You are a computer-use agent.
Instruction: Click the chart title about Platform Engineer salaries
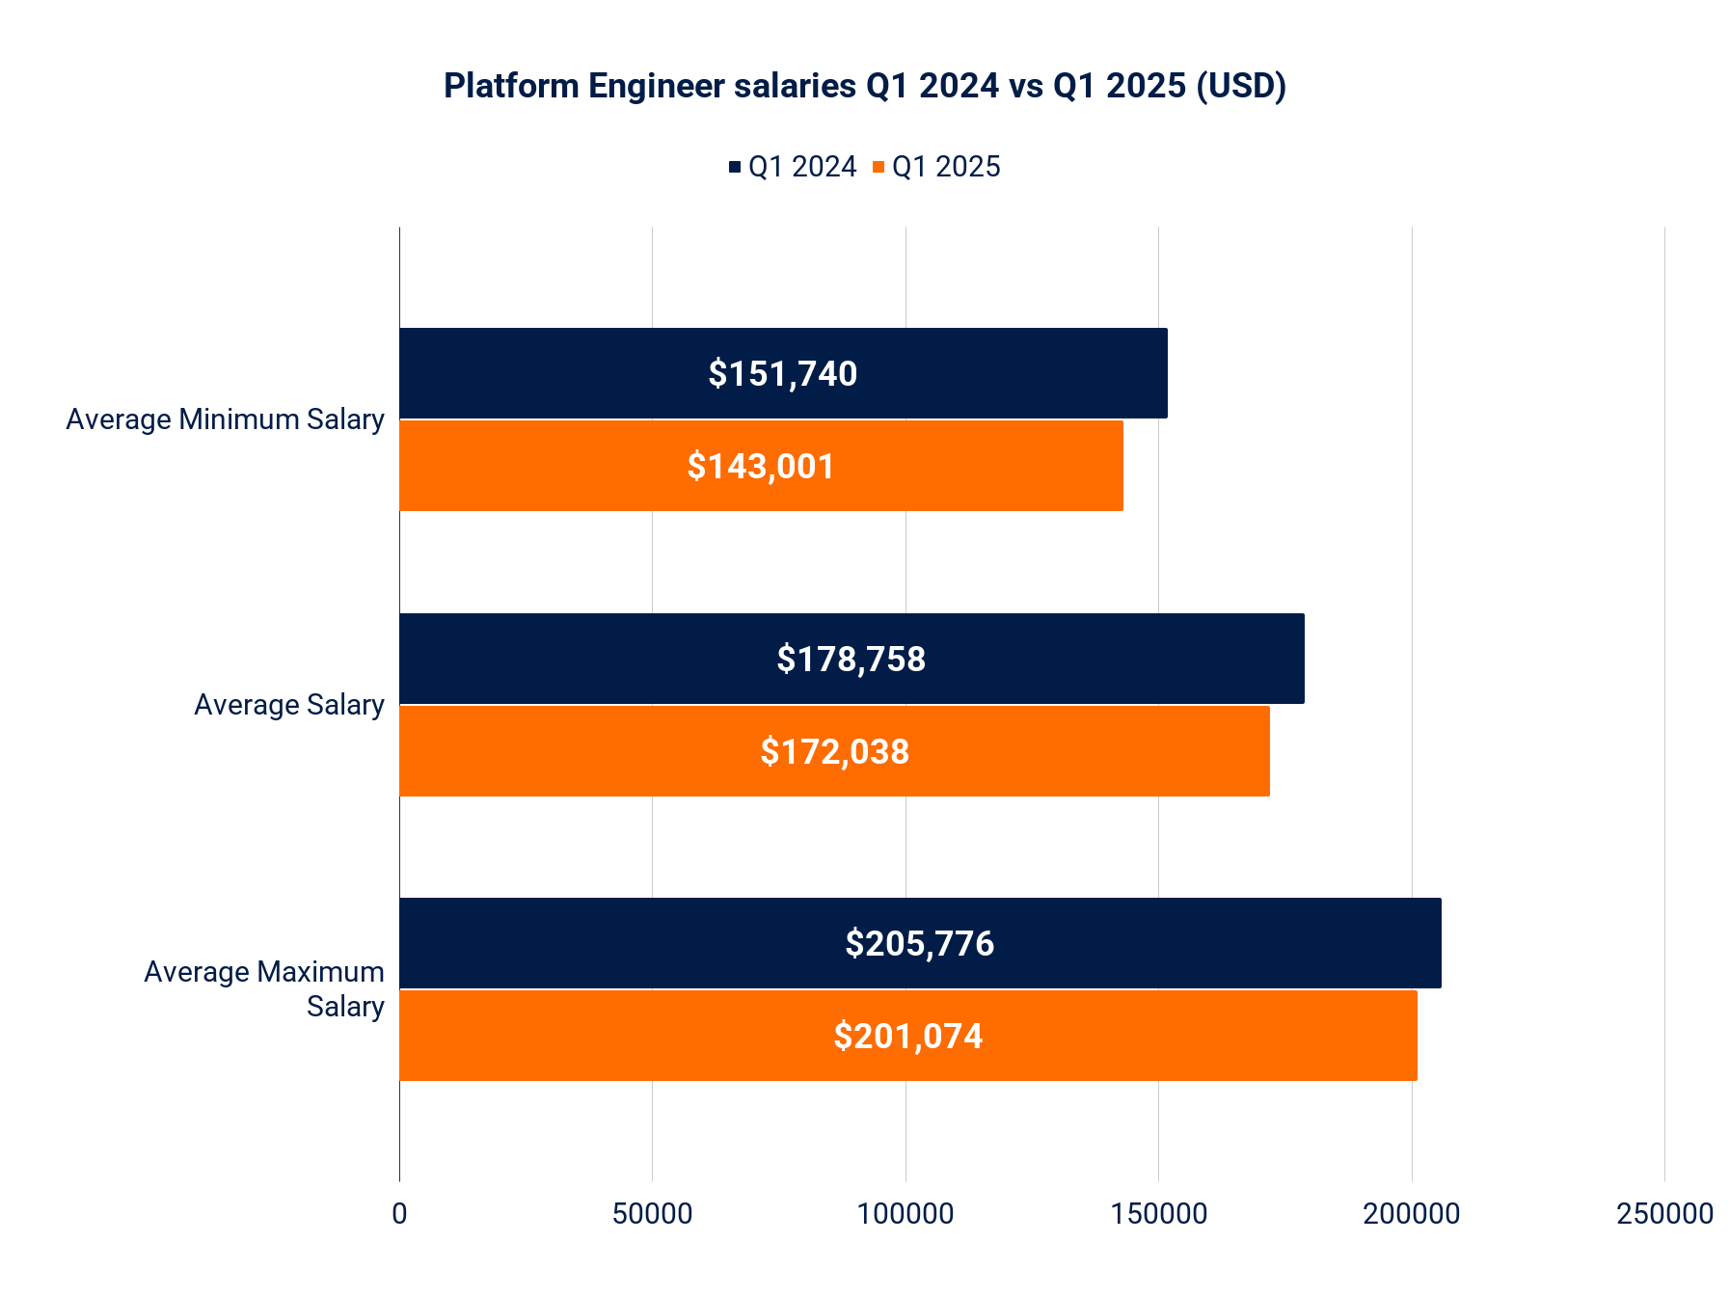click(864, 86)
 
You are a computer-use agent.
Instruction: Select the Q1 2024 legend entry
click(793, 167)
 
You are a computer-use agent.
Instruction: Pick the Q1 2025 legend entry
click(936, 167)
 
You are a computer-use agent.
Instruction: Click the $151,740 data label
click(782, 373)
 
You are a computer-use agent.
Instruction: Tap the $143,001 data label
click(761, 466)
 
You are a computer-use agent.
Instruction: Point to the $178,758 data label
click(851, 659)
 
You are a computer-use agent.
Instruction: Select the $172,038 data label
click(834, 751)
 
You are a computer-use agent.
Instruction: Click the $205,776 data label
click(919, 943)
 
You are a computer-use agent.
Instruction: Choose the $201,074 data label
click(907, 1036)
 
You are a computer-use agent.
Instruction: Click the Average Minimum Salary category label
click(225, 419)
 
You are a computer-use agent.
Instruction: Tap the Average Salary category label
click(288, 705)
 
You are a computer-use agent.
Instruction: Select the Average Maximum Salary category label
click(264, 988)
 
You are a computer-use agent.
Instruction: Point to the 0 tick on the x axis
click(399, 1213)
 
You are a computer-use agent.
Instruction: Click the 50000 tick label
click(652, 1213)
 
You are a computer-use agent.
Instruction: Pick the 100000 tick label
click(906, 1213)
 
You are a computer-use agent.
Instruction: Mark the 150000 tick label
click(1158, 1213)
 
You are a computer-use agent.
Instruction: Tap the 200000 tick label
click(1412, 1213)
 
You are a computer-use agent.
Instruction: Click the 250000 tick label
click(1664, 1213)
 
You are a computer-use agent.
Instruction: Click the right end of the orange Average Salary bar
click(1267, 751)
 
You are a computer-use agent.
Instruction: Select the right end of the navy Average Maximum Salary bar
click(1439, 943)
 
